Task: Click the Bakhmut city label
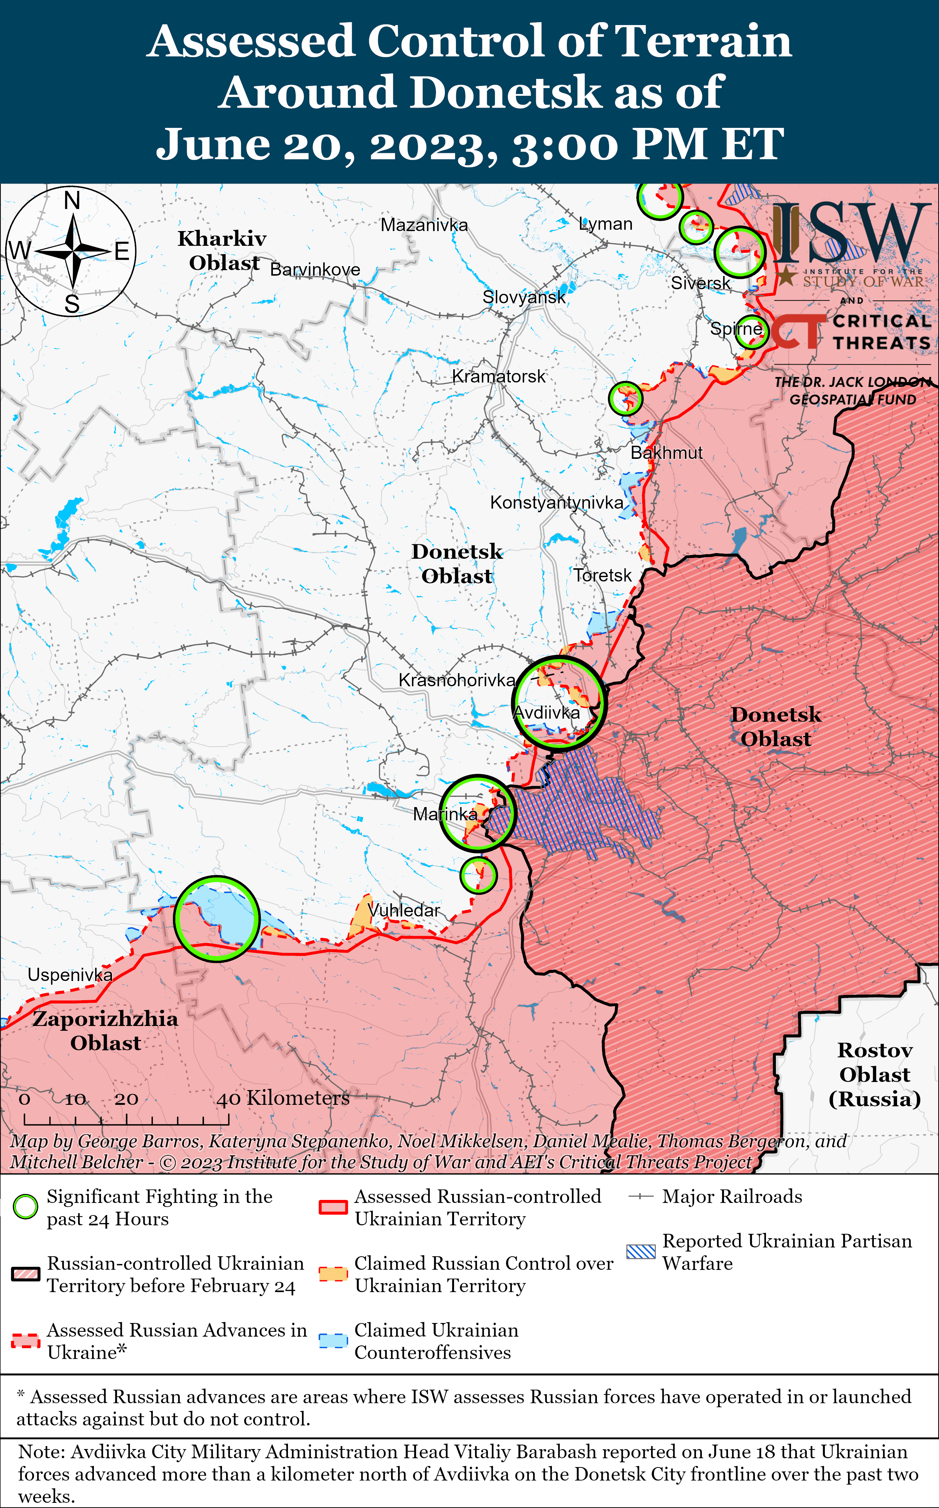click(x=667, y=452)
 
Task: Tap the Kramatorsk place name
click(x=499, y=376)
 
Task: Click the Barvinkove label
click(x=315, y=270)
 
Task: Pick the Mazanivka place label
click(x=424, y=225)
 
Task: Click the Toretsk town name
click(x=602, y=575)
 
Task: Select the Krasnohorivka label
click(x=457, y=680)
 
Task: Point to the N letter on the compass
click(x=72, y=201)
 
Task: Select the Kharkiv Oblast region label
click(x=222, y=250)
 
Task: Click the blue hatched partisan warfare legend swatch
click(x=640, y=1252)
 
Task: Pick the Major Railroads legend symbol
click(x=640, y=1197)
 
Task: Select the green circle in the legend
click(x=25, y=1207)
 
